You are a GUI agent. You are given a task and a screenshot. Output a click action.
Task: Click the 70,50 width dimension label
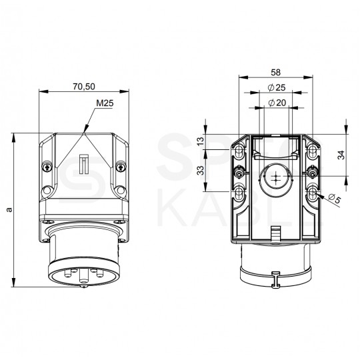84,87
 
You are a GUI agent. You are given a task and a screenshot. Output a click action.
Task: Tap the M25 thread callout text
105,103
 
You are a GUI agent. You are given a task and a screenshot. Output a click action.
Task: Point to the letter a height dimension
9,209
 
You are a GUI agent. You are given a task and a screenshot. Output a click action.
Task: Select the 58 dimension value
276,72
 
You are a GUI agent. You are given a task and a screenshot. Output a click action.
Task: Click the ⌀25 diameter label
277,87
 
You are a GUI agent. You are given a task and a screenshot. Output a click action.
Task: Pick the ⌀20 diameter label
277,103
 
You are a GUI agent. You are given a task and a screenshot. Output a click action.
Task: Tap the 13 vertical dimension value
201,141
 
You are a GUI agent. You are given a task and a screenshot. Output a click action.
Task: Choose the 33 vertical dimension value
201,171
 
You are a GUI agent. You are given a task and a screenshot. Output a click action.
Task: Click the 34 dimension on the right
341,155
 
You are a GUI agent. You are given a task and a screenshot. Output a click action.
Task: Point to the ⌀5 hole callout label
334,199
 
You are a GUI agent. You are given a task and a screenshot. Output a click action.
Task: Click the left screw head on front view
47,167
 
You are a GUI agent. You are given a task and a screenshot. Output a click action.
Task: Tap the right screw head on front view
121,167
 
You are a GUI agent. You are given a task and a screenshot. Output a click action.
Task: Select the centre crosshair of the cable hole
276,177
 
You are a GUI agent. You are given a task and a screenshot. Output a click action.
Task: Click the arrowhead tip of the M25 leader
84,133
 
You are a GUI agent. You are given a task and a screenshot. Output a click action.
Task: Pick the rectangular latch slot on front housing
84,164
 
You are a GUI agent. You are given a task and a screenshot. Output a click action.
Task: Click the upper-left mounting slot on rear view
240,151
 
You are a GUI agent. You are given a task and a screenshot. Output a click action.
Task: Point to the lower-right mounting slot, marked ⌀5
313,193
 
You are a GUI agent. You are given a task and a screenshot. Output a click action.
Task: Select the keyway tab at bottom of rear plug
276,279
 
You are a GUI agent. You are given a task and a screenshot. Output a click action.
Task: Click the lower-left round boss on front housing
47,191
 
